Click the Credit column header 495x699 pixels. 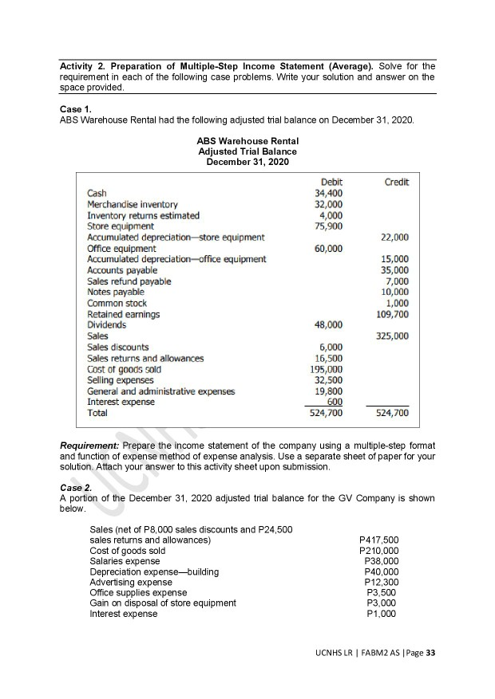[397, 183]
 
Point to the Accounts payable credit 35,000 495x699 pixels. [396, 270]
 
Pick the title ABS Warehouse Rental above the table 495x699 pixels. [247, 142]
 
